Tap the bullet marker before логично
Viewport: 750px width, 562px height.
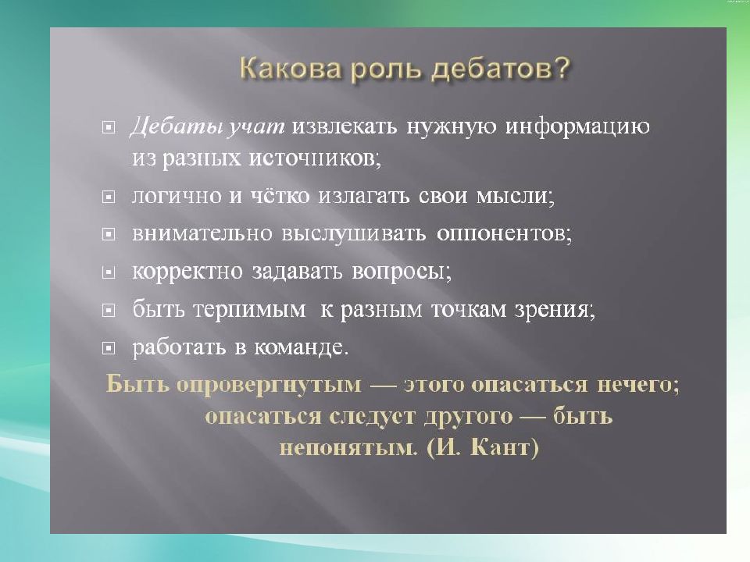110,197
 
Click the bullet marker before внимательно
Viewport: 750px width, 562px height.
110,234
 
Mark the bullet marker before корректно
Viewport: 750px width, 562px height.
110,272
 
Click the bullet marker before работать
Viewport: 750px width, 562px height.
110,347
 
